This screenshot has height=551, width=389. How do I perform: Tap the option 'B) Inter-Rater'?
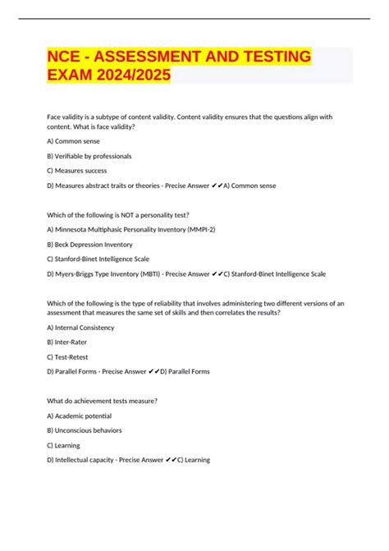[x=67, y=342]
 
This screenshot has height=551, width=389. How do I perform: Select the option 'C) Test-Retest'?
[x=68, y=356]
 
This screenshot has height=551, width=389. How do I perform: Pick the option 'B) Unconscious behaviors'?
[x=85, y=430]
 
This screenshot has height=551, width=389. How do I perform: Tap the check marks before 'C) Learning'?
[x=170, y=460]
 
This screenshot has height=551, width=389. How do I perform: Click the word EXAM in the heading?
[x=68, y=75]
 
